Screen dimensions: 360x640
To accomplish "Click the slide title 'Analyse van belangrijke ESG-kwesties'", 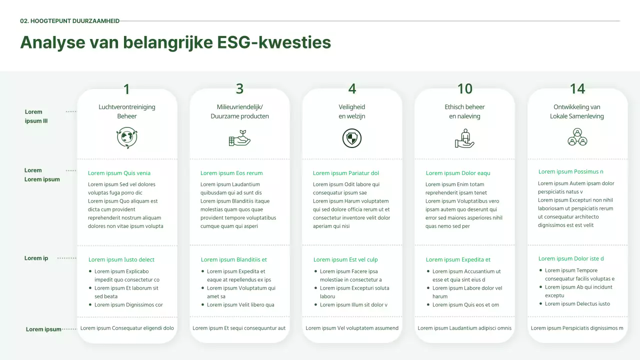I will pyautogui.click(x=175, y=42).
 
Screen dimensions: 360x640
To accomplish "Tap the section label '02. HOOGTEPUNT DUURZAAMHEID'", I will pyautogui.click(x=69, y=21).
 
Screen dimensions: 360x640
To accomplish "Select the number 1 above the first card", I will pyautogui.click(x=126, y=89).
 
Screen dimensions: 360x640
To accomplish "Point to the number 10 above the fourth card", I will pyautogui.click(x=464, y=88).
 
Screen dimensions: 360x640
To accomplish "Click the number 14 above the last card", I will pyautogui.click(x=577, y=88).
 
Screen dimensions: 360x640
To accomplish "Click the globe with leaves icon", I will pyautogui.click(x=127, y=138).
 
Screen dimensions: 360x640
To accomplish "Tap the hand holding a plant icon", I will pyautogui.click(x=239, y=138).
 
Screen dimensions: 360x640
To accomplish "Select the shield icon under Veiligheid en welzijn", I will pyautogui.click(x=352, y=138).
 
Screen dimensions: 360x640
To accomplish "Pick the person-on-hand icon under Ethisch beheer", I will pyautogui.click(x=464, y=138).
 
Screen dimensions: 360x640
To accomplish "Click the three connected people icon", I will pyautogui.click(x=577, y=137).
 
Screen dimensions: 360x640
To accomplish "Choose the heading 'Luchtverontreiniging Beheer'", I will pyautogui.click(x=127, y=111).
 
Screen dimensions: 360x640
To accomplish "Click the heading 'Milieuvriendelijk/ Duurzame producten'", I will pyautogui.click(x=239, y=111).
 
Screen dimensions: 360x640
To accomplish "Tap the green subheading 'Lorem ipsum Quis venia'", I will pyautogui.click(x=119, y=173).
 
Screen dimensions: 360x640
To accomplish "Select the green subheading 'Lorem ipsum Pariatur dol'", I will pyautogui.click(x=346, y=173).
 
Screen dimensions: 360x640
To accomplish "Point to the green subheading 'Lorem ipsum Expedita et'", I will pyautogui.click(x=458, y=259).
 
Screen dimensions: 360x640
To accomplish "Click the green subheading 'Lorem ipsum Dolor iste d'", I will pyautogui.click(x=571, y=258).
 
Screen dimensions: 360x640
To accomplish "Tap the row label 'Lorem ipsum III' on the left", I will pyautogui.click(x=36, y=116).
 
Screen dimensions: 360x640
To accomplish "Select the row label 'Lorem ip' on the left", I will pyautogui.click(x=36, y=258).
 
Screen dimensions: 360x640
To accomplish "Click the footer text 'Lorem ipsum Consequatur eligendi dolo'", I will pyautogui.click(x=127, y=328).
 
